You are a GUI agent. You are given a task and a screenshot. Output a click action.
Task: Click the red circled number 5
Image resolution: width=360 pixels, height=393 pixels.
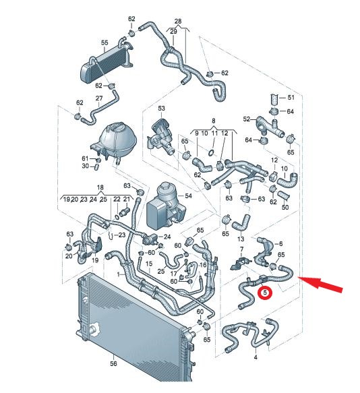(x=266, y=293)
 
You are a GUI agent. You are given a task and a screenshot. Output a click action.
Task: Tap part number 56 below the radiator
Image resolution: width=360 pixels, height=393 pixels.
(x=113, y=363)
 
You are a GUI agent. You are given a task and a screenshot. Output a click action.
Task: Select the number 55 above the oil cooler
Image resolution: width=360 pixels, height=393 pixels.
(x=104, y=42)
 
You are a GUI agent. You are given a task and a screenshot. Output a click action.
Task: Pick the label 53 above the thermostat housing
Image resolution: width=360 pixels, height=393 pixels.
(x=161, y=109)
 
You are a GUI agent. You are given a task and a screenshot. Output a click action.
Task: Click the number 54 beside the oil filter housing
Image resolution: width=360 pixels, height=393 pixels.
(x=188, y=195)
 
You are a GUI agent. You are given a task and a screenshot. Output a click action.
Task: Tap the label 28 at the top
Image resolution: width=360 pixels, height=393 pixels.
(x=178, y=22)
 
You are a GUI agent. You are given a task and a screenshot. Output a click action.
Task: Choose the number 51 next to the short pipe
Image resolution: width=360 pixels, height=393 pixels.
(x=291, y=97)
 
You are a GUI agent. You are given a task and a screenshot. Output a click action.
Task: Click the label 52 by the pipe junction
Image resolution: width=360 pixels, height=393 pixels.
(x=247, y=119)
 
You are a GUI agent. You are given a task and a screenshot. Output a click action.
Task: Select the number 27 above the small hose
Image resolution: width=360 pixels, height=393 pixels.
(x=99, y=98)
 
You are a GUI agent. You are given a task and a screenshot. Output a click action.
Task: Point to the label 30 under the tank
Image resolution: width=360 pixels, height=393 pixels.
(x=85, y=166)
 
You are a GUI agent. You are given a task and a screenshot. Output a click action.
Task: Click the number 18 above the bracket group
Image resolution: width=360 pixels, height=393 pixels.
(x=100, y=187)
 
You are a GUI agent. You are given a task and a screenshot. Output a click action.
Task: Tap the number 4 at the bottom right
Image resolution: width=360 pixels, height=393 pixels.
(x=256, y=357)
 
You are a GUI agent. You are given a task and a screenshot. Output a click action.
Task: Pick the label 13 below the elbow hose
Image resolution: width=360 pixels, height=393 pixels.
(x=241, y=239)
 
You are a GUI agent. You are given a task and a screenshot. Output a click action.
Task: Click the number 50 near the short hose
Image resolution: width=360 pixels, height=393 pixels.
(x=285, y=207)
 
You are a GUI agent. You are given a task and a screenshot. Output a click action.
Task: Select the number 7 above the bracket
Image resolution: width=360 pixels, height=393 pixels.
(x=241, y=249)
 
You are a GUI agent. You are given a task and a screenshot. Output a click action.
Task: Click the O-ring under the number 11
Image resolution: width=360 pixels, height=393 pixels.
(x=211, y=152)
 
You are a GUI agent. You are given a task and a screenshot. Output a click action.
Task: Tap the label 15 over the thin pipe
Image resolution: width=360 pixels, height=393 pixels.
(x=149, y=264)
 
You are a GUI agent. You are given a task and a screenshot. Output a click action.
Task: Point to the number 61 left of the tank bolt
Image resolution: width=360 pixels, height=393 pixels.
(x=85, y=158)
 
